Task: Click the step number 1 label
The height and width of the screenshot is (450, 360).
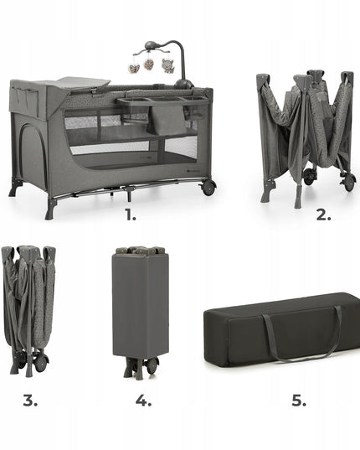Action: [x=131, y=215]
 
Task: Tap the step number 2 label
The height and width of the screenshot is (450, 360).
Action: [x=323, y=215]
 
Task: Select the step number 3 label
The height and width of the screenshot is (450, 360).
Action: [x=30, y=400]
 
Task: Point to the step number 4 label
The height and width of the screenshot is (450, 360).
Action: [x=143, y=400]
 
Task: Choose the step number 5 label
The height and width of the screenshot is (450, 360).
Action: [x=299, y=400]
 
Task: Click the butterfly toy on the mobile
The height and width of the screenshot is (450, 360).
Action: [x=134, y=69]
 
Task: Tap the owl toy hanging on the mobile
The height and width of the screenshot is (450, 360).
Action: [x=167, y=65]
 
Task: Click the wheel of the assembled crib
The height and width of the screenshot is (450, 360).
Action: [x=208, y=188]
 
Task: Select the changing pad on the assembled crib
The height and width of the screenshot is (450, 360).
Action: [x=84, y=82]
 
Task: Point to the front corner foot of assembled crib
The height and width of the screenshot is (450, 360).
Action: [x=50, y=209]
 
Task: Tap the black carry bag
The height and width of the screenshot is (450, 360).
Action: [x=282, y=329]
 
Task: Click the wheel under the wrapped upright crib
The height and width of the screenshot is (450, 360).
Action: [x=152, y=365]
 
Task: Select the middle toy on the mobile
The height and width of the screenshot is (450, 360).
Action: [x=148, y=64]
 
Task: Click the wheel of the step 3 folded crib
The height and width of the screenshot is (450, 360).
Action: [x=41, y=363]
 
